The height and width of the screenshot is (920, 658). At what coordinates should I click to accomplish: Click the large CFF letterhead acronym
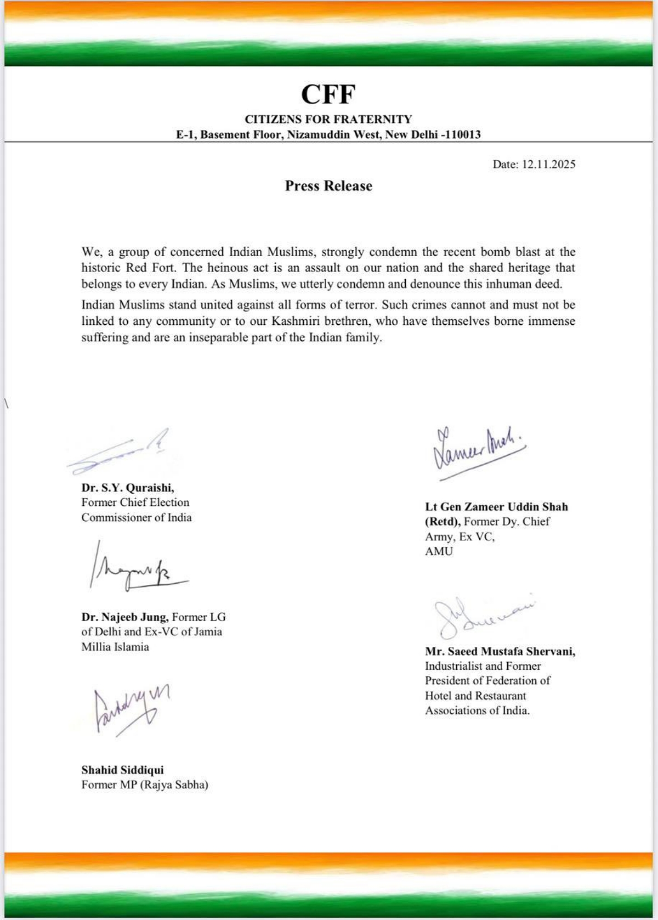328,94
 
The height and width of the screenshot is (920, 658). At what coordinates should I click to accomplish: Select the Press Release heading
328,186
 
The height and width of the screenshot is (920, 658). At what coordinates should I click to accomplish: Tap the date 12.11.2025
548,164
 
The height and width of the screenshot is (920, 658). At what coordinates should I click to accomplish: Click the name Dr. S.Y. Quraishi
128,487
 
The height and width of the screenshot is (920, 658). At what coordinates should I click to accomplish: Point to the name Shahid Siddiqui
122,770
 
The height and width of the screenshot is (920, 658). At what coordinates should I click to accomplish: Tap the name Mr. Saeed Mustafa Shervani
500,651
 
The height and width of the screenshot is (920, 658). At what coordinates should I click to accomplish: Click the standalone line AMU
439,551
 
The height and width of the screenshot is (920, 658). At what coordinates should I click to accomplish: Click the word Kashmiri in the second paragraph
294,321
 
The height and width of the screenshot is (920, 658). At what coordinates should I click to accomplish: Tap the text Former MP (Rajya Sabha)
145,784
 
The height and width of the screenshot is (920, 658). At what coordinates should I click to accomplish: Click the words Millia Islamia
115,646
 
